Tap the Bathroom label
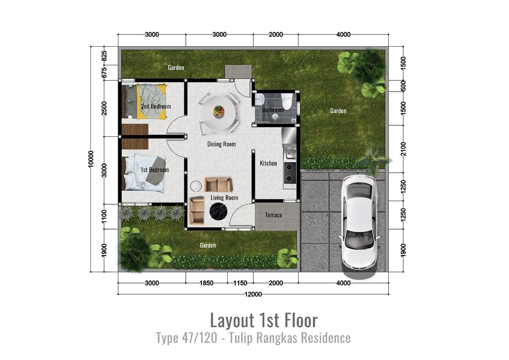coord(273,110)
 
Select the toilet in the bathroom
coord(287,101)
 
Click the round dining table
coord(219,113)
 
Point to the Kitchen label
coord(268,163)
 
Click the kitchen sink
coord(290,153)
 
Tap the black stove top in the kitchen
coord(290,173)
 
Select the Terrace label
coord(273,215)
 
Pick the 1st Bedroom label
coord(155,170)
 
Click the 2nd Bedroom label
coord(156,106)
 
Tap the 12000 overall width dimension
coord(253,294)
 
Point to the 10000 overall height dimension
coord(91,159)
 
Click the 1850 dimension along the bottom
coord(206,283)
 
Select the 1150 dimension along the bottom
coord(240,283)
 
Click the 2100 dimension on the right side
coord(404,149)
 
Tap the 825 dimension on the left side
coord(104,56)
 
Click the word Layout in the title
coord(232,320)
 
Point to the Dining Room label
coord(222,144)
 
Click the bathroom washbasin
coord(259,99)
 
